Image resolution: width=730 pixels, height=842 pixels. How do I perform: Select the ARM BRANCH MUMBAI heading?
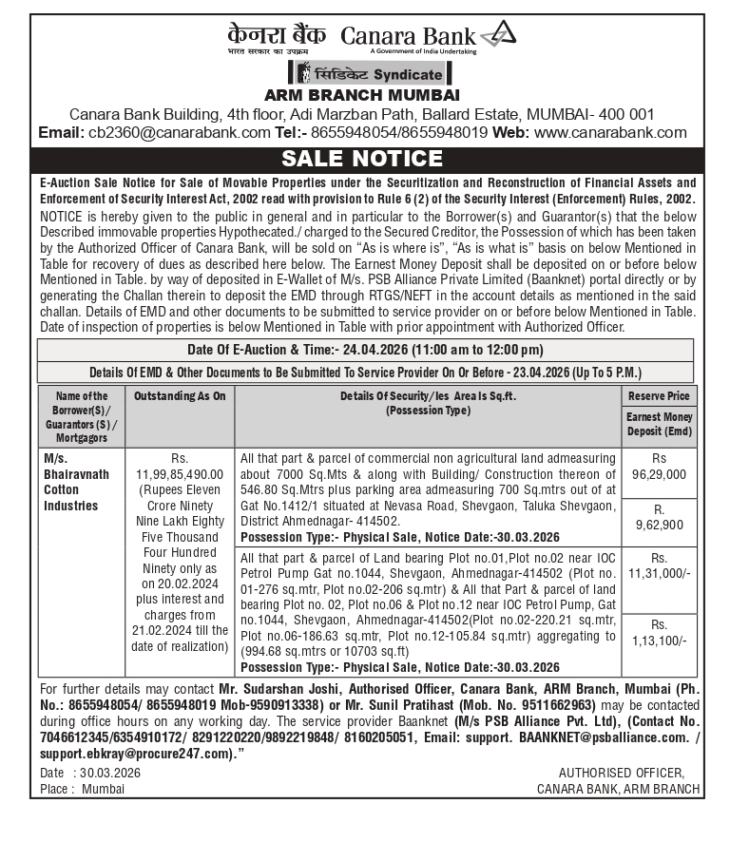pos(361,95)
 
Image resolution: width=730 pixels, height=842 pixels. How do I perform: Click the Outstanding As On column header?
pos(180,396)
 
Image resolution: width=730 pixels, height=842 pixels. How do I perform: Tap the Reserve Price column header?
pos(659,396)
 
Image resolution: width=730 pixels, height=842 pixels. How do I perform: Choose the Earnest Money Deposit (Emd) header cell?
pos(659,424)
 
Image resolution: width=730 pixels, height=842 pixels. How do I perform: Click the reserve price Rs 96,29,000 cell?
pos(659,466)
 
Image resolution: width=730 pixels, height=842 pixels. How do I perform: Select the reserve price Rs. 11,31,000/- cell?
pos(659,566)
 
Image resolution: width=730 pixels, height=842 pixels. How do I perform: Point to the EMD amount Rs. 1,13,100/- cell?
pos(659,633)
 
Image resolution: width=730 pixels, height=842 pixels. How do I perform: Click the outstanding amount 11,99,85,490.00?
pos(180,473)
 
